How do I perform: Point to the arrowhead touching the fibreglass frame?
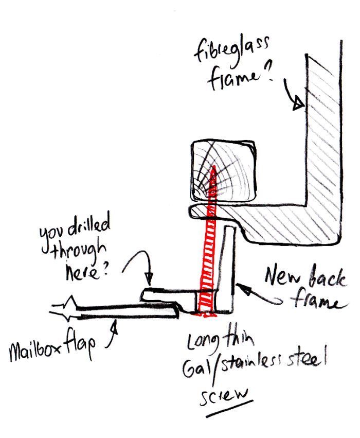298,105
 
